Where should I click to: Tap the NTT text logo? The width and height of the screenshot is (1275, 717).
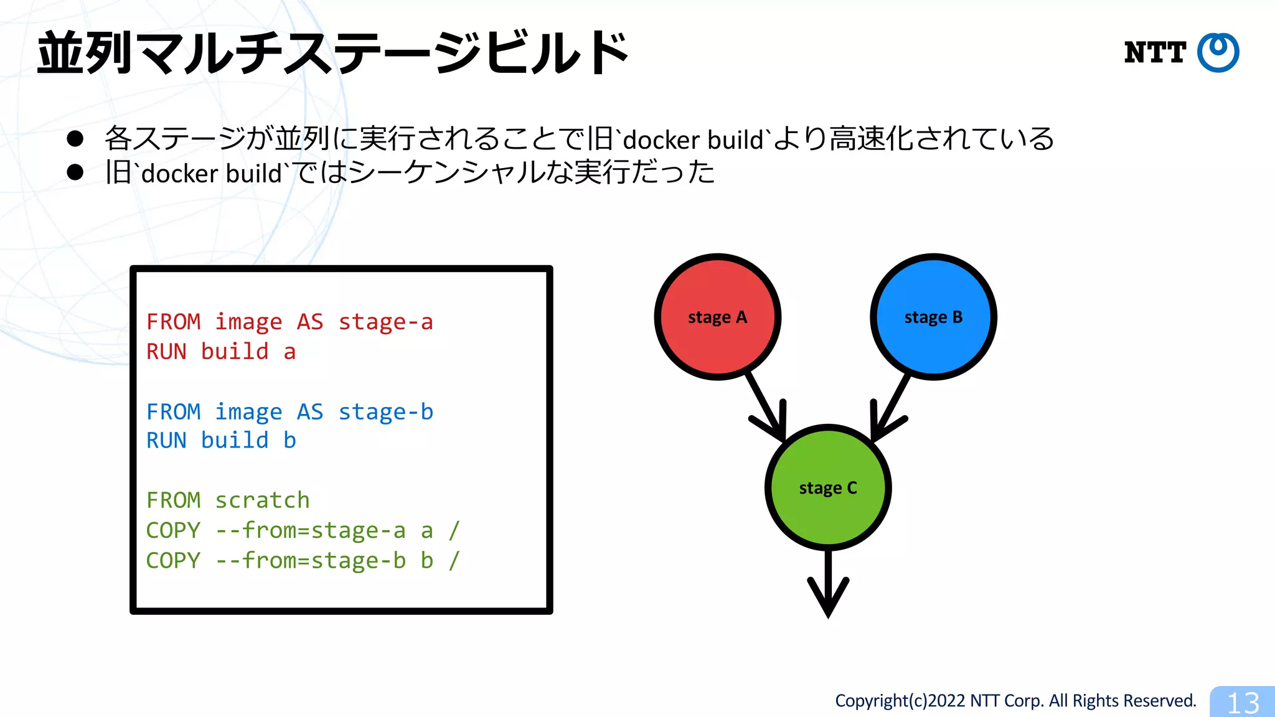pos(1155,52)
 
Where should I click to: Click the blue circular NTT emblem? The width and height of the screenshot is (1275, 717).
pos(1218,52)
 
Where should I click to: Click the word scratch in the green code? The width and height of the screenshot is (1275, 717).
pos(262,500)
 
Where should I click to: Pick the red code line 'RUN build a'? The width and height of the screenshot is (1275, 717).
pos(221,352)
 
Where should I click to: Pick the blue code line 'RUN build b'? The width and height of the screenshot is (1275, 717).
pos(221,441)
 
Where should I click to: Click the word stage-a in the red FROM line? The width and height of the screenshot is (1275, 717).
pos(385,322)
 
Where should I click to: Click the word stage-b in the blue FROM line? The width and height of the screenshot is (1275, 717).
pos(385,412)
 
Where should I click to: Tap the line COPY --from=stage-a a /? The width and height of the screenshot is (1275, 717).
pos(303,530)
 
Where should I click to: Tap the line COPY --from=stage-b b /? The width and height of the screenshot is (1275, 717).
pos(303,560)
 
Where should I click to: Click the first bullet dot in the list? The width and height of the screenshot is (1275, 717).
pos(75,138)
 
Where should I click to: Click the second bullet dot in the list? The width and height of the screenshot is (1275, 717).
pos(75,172)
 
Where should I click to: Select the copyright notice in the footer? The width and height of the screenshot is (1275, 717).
pos(1015,701)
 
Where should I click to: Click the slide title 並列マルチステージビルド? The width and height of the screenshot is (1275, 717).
pos(333,53)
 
